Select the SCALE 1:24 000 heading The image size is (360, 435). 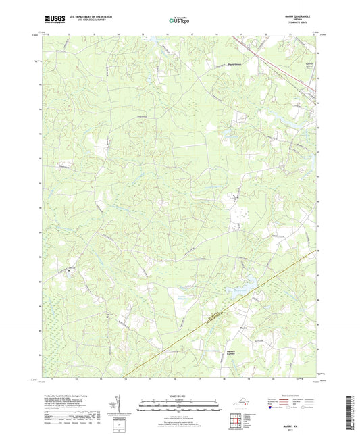[x=180, y=396]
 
